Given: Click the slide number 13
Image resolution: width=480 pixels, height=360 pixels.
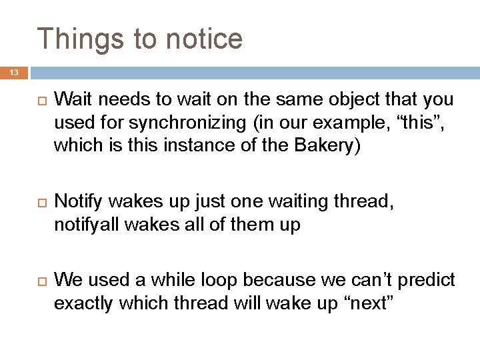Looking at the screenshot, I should [x=15, y=72].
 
